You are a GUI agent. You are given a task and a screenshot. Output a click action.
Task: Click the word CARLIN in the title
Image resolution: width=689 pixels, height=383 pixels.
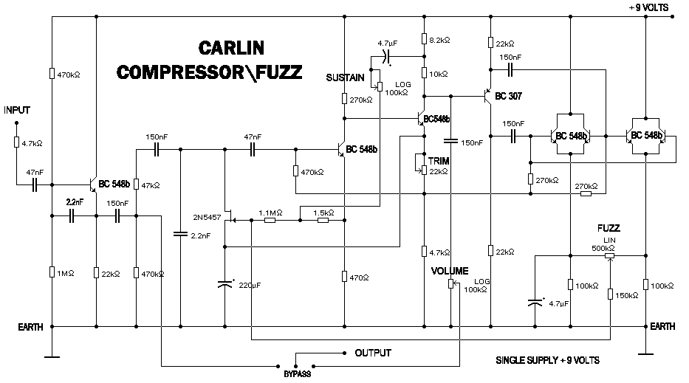(x=231, y=49)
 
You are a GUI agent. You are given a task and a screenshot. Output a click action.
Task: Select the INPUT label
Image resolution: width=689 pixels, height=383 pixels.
(x=16, y=110)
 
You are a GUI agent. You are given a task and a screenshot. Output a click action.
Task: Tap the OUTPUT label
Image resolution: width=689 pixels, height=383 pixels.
(x=373, y=353)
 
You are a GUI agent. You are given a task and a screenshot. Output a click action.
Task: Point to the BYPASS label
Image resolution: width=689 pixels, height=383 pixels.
(x=296, y=374)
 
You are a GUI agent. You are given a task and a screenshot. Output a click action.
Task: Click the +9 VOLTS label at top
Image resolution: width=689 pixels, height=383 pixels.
(x=648, y=7)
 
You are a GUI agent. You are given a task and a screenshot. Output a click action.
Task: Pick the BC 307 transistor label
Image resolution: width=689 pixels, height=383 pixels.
(x=510, y=96)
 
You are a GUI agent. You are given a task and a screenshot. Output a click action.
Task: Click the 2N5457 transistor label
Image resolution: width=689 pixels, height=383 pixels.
(x=206, y=218)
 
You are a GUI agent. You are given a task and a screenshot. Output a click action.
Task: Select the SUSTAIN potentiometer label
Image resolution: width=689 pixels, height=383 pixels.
(x=346, y=77)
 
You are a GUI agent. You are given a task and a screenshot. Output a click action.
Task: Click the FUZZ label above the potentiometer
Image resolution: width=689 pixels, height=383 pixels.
(x=609, y=228)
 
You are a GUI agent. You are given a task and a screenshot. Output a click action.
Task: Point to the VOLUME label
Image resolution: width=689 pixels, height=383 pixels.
(x=450, y=271)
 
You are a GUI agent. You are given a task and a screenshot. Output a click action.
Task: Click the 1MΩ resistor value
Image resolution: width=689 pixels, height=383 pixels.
(x=66, y=273)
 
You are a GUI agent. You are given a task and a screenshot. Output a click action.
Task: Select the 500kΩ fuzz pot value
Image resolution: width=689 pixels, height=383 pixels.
(x=603, y=248)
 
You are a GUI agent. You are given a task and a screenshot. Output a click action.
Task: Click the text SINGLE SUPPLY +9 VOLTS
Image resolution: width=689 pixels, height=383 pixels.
(x=548, y=360)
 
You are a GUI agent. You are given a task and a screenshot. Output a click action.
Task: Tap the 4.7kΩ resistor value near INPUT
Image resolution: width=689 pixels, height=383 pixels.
(x=31, y=143)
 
